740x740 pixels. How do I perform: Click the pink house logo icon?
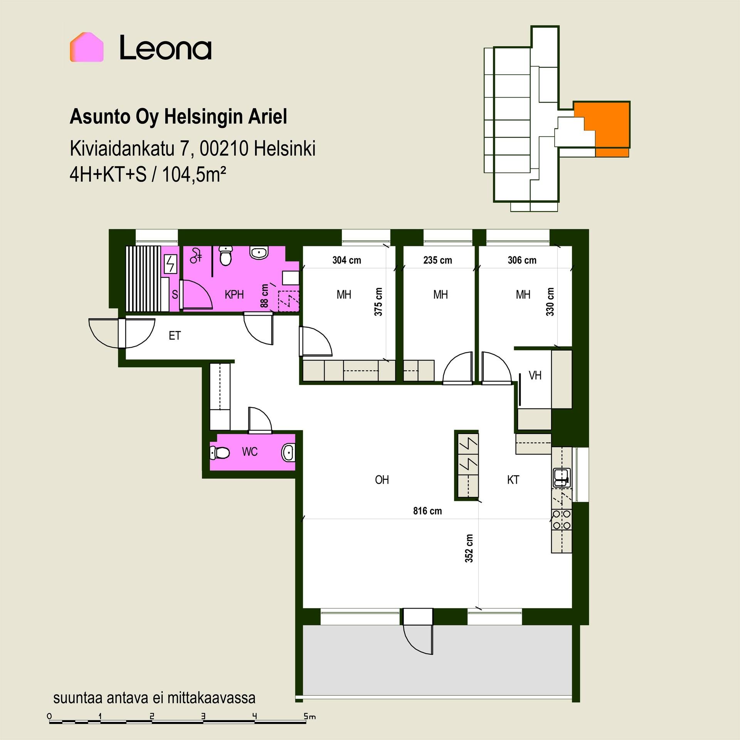coord(86,47)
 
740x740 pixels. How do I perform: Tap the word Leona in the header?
coord(165,48)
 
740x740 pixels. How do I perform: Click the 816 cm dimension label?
coord(427,511)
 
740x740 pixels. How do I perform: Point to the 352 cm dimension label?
coord(469,548)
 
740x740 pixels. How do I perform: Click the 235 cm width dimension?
coord(437,260)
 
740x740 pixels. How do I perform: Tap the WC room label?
coord(250,452)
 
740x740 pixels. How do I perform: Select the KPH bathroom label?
coord(234,295)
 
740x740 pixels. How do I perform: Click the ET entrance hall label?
coord(175,336)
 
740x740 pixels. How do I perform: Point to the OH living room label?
coord(382,480)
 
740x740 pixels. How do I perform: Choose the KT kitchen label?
coord(513,480)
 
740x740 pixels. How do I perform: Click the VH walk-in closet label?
coord(535,375)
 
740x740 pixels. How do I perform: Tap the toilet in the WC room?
coord(219,452)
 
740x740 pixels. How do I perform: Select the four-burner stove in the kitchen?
coord(562,520)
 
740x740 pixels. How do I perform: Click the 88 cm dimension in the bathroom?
coord(264,296)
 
